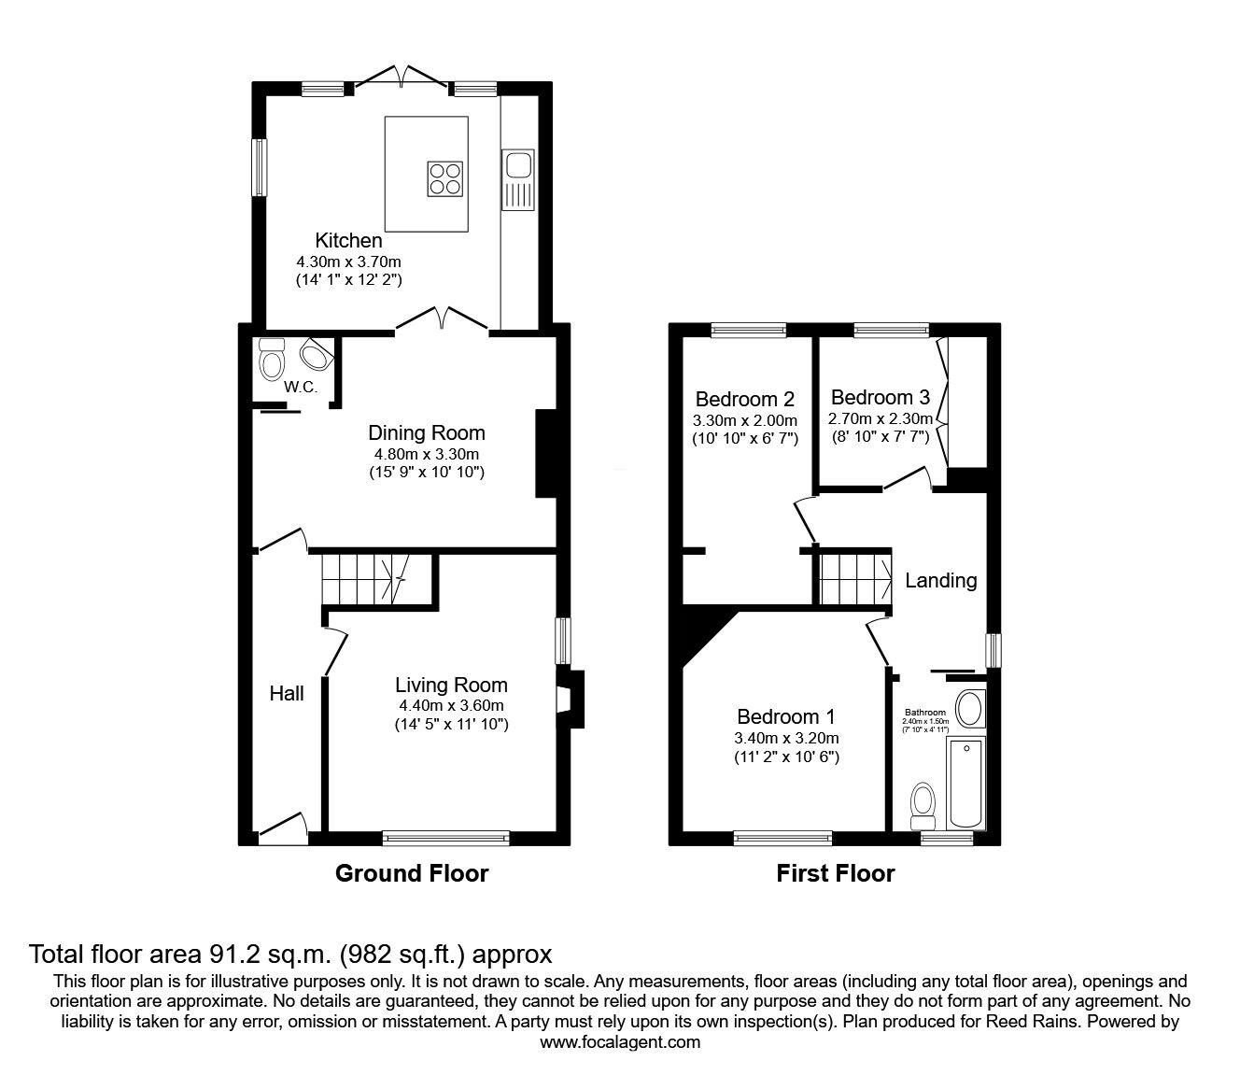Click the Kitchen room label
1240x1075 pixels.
348,240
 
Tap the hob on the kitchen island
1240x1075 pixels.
445,177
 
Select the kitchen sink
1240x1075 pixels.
516,167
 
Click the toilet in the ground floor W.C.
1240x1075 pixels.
271,358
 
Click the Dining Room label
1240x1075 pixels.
427,432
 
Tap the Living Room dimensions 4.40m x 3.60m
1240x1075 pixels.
451,705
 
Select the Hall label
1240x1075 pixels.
287,693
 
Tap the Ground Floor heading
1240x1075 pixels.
412,873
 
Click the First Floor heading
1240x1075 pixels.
836,873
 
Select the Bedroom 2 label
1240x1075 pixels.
744,399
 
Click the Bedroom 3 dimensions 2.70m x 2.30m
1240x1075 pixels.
880,418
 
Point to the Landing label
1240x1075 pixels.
940,580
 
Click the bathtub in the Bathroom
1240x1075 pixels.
965,783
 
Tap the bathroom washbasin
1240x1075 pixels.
970,709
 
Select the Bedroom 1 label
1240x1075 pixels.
786,716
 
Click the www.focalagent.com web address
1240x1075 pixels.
620,1042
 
